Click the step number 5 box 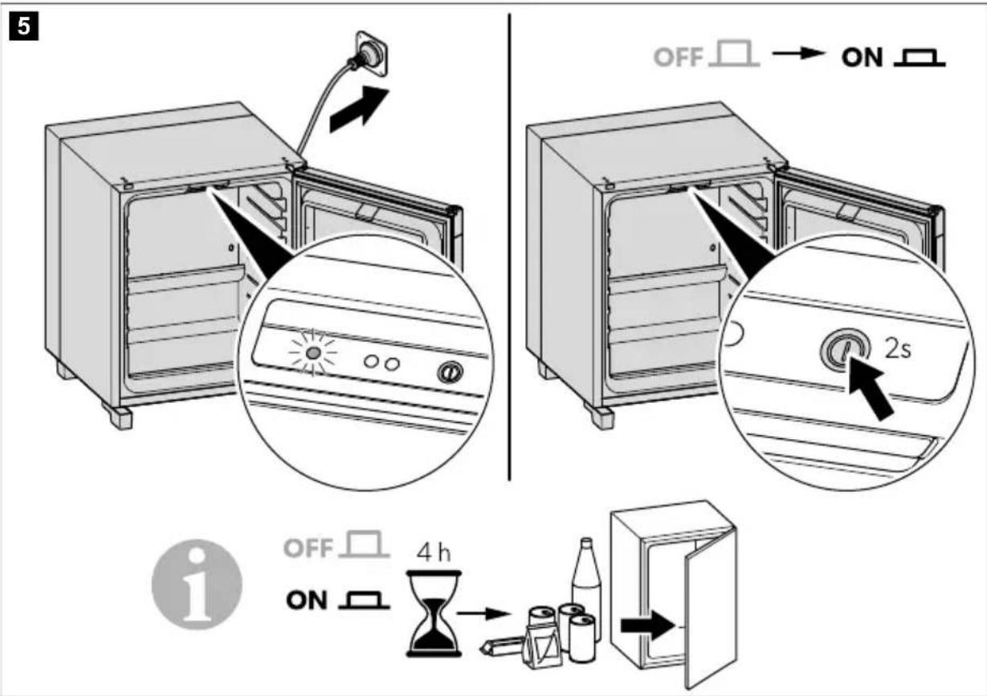tap(24, 26)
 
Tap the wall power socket tap(373, 53)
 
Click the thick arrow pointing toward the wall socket tap(360, 109)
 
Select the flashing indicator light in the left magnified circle tap(313, 353)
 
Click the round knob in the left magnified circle tap(450, 372)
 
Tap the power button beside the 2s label tap(845, 351)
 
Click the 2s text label tap(898, 350)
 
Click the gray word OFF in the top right tap(678, 57)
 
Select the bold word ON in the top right tap(863, 58)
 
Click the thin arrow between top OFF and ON tap(798, 53)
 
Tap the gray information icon tap(197, 584)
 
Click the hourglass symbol tap(434, 613)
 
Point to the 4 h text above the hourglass tap(434, 553)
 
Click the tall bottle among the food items tap(586, 581)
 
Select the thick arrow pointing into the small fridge tap(647, 625)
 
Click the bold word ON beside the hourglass tap(307, 600)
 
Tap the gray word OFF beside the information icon tap(308, 548)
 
